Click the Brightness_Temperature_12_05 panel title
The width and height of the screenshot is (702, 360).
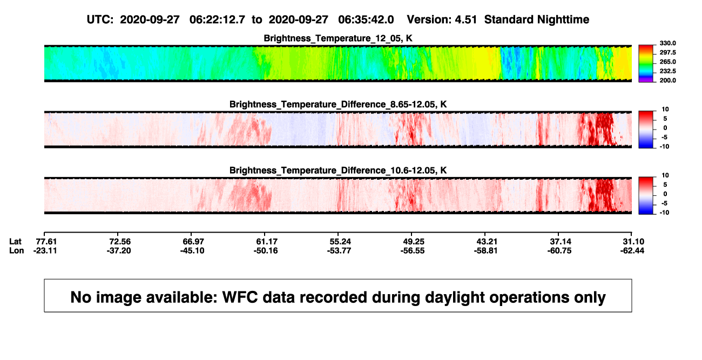pos(338,38)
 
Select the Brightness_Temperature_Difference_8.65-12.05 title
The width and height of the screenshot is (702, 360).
pos(338,104)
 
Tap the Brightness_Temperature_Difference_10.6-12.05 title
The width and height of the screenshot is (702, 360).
pos(338,171)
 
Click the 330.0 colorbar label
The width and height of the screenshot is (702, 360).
pos(667,43)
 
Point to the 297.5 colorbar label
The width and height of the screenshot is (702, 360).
pos(667,52)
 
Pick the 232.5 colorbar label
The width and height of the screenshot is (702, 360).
pos(667,71)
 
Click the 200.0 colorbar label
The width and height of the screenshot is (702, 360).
pos(667,80)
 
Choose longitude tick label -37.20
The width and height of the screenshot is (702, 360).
pos(119,250)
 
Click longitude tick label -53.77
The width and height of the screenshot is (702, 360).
pos(339,250)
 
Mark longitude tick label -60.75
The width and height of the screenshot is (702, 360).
pos(559,250)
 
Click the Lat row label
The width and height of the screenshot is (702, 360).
pos(15,242)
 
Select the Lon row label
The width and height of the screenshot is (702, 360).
pos(17,250)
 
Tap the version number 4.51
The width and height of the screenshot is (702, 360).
pos(466,20)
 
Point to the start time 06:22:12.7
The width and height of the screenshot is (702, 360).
pos(217,20)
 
